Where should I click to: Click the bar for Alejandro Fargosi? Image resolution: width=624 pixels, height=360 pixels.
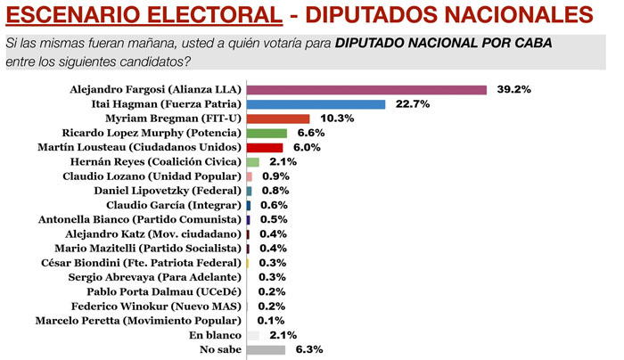pyautogui.click(x=365, y=90)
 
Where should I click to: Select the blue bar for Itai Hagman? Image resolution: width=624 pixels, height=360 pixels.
pyautogui.click(x=316, y=104)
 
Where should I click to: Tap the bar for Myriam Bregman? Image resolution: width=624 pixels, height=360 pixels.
pyautogui.click(x=277, y=119)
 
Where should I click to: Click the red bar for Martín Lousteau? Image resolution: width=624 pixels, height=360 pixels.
pyautogui.click(x=264, y=147)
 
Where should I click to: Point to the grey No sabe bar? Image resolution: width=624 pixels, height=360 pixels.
pyautogui.click(x=266, y=349)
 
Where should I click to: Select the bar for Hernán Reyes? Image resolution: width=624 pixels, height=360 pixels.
pyautogui.click(x=252, y=162)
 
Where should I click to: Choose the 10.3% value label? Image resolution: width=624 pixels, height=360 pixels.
pyautogui.click(x=331, y=119)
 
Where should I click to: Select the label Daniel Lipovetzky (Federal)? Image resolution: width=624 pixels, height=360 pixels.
pyautogui.click(x=168, y=191)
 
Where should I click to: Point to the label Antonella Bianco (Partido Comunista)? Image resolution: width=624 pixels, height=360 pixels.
pyautogui.click(x=141, y=219)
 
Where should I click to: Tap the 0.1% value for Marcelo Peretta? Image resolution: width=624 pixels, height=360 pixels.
pyautogui.click(x=270, y=320)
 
